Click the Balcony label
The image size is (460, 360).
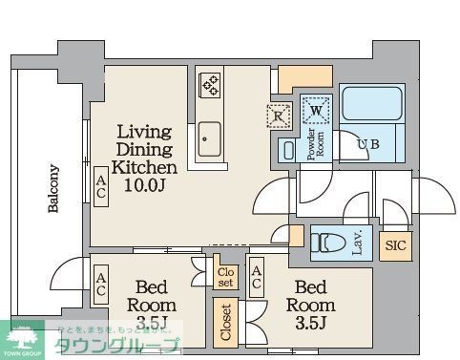pos(53,192)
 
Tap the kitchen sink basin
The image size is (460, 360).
pos(209,141)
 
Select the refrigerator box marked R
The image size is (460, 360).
pos(277,117)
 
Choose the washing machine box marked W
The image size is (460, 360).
pos(315,111)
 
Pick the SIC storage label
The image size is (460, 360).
pos(394,244)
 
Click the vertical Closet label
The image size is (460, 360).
pos(225,322)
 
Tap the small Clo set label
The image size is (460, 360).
pos(225,277)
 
